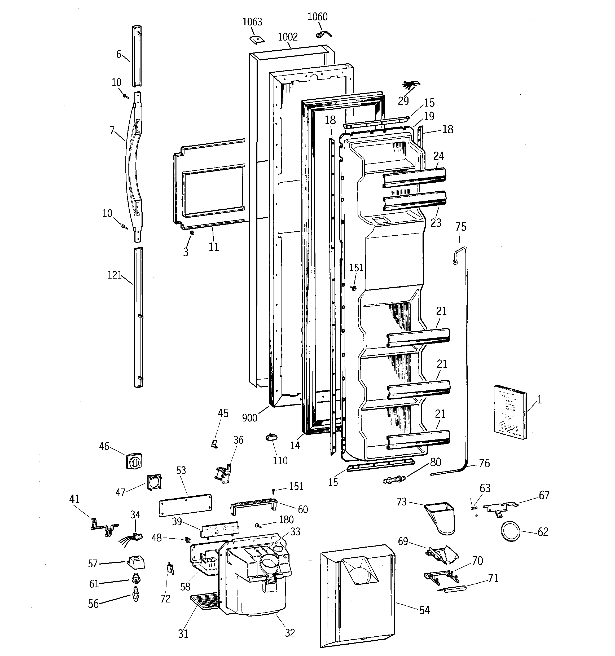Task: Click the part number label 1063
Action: click(x=252, y=22)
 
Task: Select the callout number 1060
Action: click(x=317, y=17)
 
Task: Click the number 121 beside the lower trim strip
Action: click(x=115, y=275)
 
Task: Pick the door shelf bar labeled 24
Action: click(x=414, y=178)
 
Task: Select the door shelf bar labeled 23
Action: click(x=415, y=201)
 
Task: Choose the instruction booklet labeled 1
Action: click(x=510, y=412)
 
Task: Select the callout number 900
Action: click(x=249, y=418)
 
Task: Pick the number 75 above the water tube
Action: click(x=461, y=227)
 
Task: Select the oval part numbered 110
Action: click(x=271, y=437)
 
